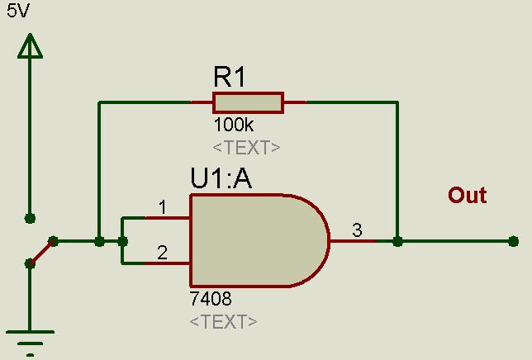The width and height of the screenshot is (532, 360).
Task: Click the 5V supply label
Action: click(x=18, y=11)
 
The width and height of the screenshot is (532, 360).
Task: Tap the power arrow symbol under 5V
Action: click(x=30, y=46)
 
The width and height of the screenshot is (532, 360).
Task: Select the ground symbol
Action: click(x=30, y=343)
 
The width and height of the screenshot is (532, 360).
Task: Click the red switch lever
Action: click(x=41, y=253)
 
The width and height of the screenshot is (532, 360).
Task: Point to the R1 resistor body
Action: click(x=249, y=102)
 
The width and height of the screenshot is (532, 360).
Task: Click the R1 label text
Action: click(x=230, y=77)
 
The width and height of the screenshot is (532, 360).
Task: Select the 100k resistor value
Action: click(x=234, y=125)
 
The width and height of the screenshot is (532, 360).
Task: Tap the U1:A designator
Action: click(x=221, y=178)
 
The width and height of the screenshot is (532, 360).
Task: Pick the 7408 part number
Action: click(x=211, y=299)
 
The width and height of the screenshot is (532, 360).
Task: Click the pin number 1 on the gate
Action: click(x=163, y=207)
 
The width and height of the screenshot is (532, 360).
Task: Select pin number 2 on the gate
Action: click(x=162, y=253)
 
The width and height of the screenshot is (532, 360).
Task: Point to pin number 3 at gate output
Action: click(x=357, y=230)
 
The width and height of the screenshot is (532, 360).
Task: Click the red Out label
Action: click(x=468, y=195)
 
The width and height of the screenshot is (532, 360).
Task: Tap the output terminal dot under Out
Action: click(x=514, y=241)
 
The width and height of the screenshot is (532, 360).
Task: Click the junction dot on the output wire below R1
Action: click(x=397, y=241)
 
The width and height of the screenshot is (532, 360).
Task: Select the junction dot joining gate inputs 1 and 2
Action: click(x=122, y=241)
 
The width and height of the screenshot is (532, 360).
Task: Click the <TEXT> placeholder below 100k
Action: click(x=246, y=148)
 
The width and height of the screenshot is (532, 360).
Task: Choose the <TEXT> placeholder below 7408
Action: click(x=223, y=321)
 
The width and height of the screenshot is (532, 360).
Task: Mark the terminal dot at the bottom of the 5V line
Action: click(x=31, y=218)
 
